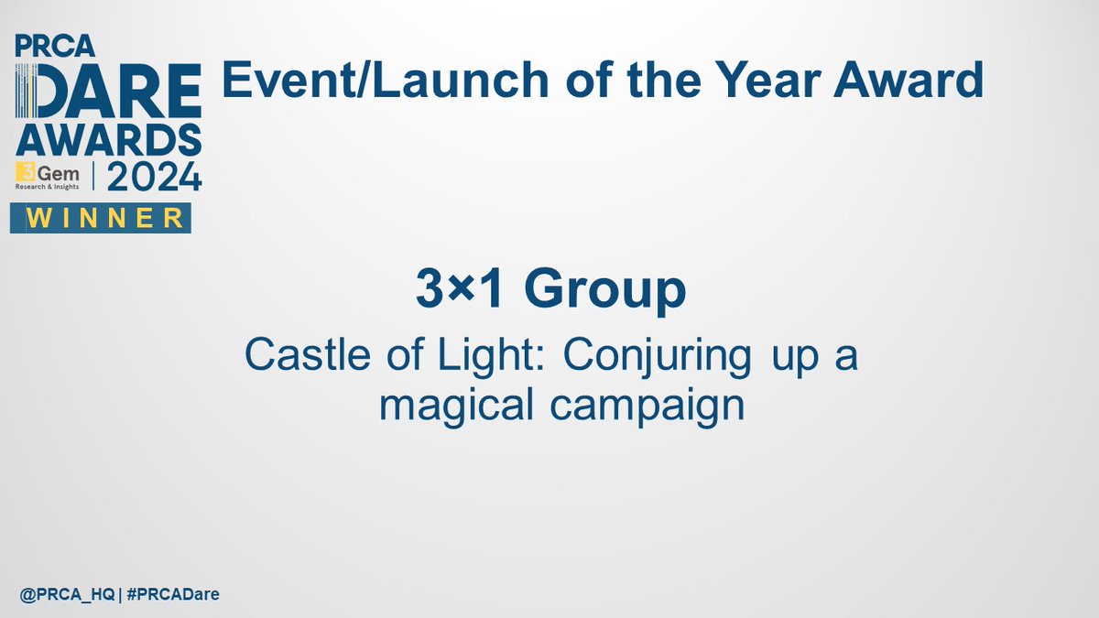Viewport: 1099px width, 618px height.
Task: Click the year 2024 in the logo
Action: pyautogui.click(x=155, y=176)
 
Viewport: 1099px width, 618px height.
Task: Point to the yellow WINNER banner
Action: pyautogui.click(x=101, y=218)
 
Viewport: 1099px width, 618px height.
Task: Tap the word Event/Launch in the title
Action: pyautogui.click(x=363, y=81)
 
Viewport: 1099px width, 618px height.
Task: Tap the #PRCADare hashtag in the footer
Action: pyautogui.click(x=172, y=595)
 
